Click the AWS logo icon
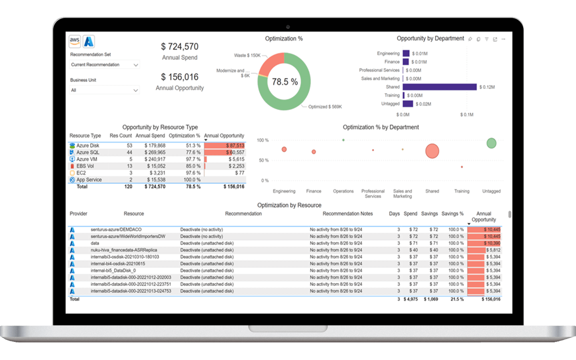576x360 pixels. (75, 41)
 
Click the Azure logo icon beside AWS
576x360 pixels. (89, 41)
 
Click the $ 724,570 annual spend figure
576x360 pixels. (180, 47)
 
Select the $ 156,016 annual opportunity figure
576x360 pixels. (180, 77)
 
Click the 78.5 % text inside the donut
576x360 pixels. (284, 82)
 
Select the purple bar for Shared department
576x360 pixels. (439, 87)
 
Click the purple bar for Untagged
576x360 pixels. (408, 104)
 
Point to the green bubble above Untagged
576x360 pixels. (491, 143)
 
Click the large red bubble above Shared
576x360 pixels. (432, 151)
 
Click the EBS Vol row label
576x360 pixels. (85, 166)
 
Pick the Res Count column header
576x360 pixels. (120, 136)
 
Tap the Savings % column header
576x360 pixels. (452, 214)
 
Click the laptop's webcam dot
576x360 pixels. (288, 27)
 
